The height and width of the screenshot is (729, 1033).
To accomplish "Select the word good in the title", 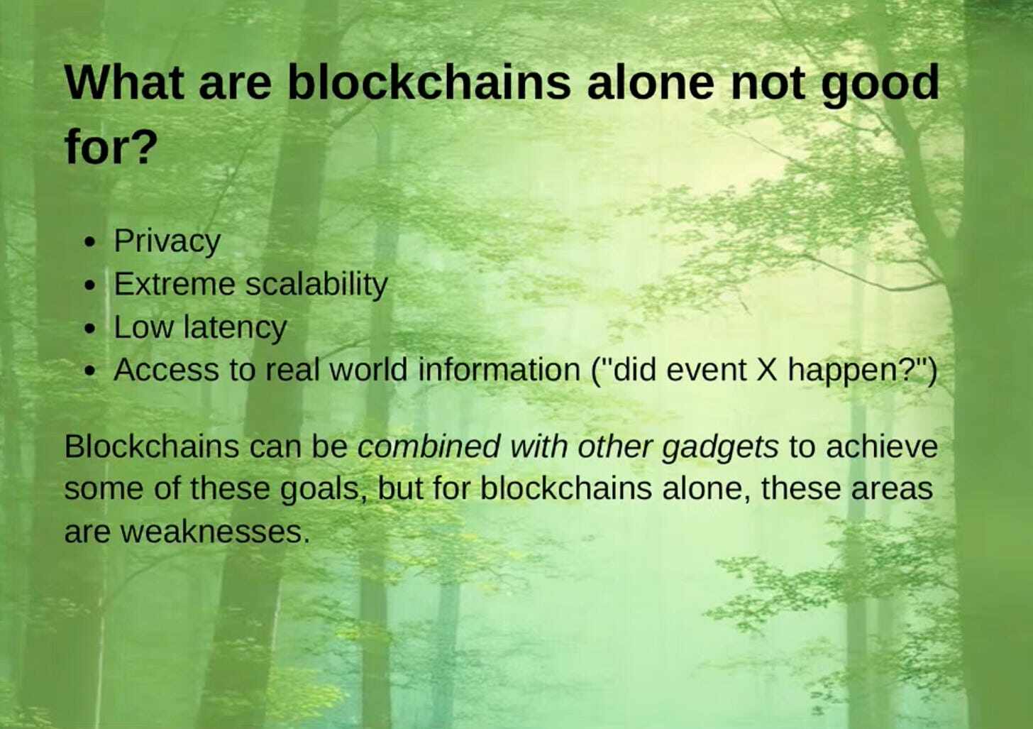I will tap(880, 84).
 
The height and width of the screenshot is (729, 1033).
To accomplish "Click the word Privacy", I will tap(167, 241).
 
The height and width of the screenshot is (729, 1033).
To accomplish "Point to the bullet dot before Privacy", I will tap(89, 243).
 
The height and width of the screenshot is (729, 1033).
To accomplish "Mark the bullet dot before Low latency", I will tap(89, 329).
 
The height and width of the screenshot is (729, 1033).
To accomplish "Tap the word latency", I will tap(235, 328).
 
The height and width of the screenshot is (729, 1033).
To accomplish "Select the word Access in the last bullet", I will tap(166, 370).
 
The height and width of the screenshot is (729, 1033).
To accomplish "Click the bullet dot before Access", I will tap(89, 372).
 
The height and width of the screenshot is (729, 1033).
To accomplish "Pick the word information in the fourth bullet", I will tap(499, 370).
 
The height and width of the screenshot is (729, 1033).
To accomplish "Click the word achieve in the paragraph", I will tap(882, 446).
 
